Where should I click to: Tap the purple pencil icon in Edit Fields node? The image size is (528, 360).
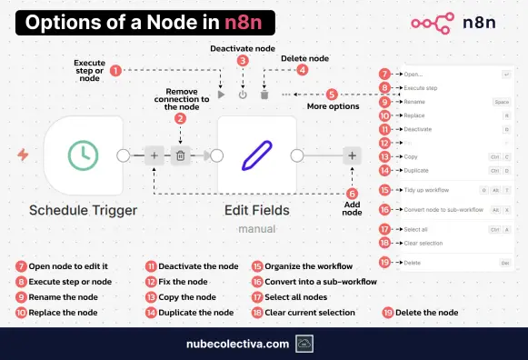(257, 155)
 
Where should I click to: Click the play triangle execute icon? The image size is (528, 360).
(221, 94)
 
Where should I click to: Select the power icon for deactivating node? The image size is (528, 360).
(242, 94)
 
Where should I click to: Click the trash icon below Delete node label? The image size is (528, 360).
(264, 94)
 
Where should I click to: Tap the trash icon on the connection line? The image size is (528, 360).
(180, 156)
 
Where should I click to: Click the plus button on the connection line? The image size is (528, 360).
(154, 156)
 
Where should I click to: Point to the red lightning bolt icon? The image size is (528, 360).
(22, 156)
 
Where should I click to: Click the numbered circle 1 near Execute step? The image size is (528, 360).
(115, 69)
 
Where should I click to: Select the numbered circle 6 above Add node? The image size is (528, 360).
(353, 193)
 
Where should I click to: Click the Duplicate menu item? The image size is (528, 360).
(416, 170)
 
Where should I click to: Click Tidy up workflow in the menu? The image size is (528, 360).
(427, 190)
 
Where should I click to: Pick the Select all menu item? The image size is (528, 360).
(417, 229)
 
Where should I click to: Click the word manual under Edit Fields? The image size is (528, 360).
(257, 228)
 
